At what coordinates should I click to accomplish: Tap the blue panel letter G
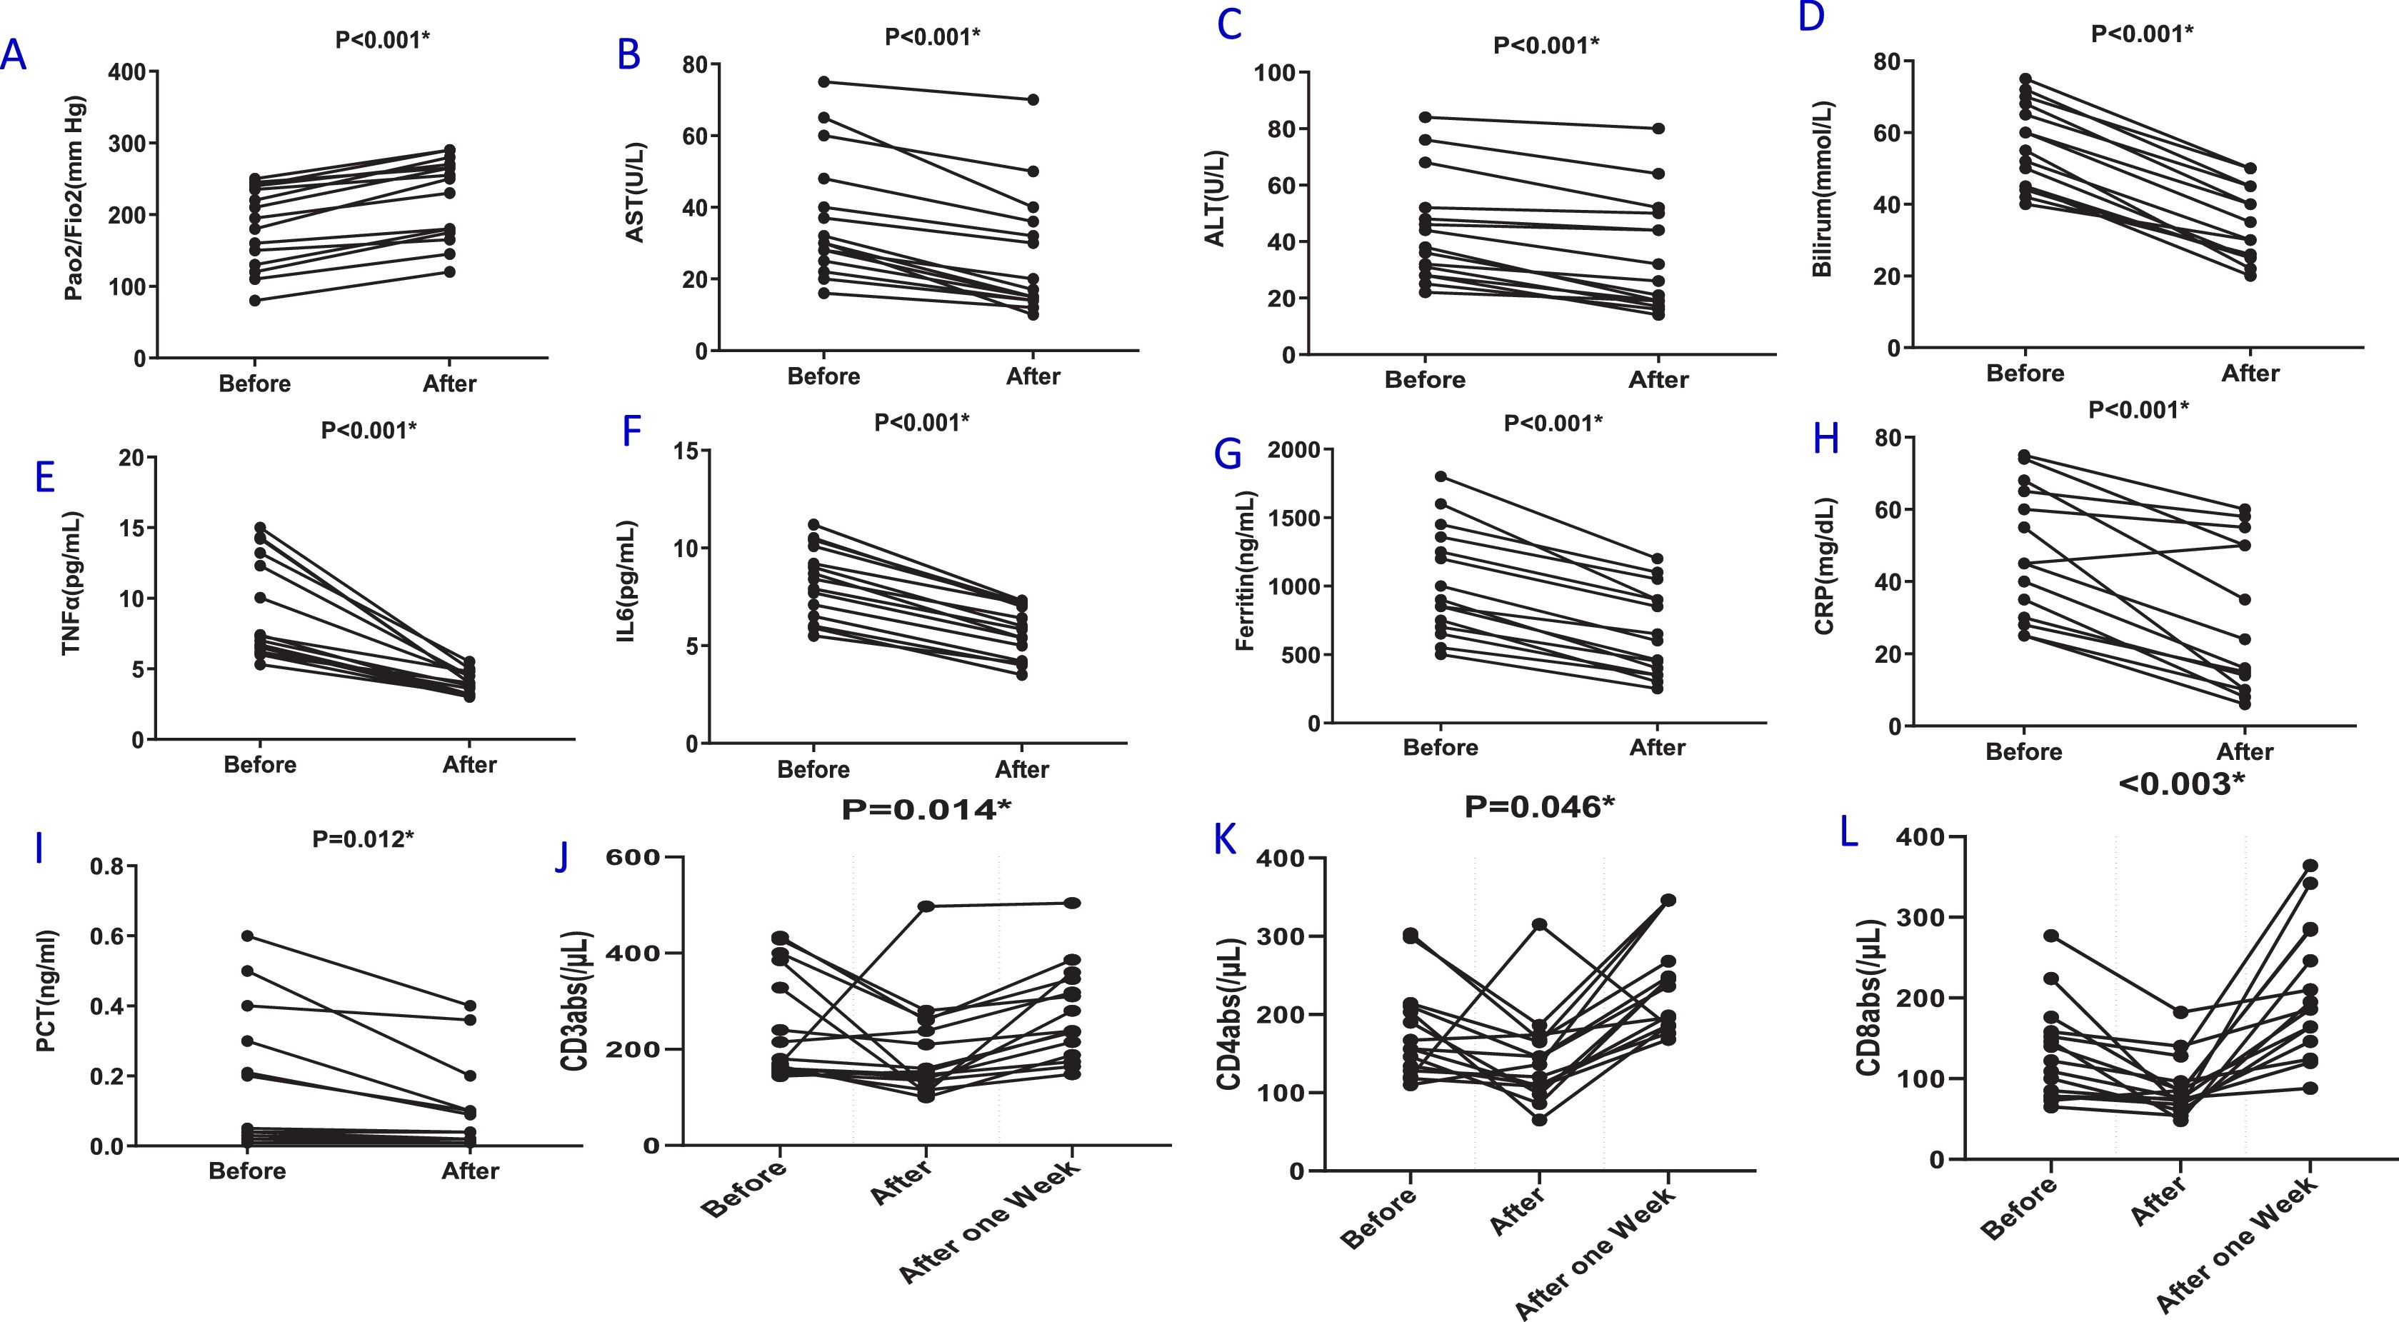[x=1228, y=455]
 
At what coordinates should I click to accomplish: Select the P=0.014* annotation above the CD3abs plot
[x=926, y=810]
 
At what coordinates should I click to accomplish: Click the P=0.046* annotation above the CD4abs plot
[x=1539, y=807]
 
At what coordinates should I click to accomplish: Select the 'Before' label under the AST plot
[x=823, y=376]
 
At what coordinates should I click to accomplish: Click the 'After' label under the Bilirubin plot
[x=2250, y=374]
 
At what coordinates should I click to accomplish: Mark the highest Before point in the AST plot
[x=824, y=82]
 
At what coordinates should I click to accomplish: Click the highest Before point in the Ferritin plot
[x=1441, y=476]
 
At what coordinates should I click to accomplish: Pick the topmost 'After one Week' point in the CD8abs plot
[x=2310, y=866]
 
